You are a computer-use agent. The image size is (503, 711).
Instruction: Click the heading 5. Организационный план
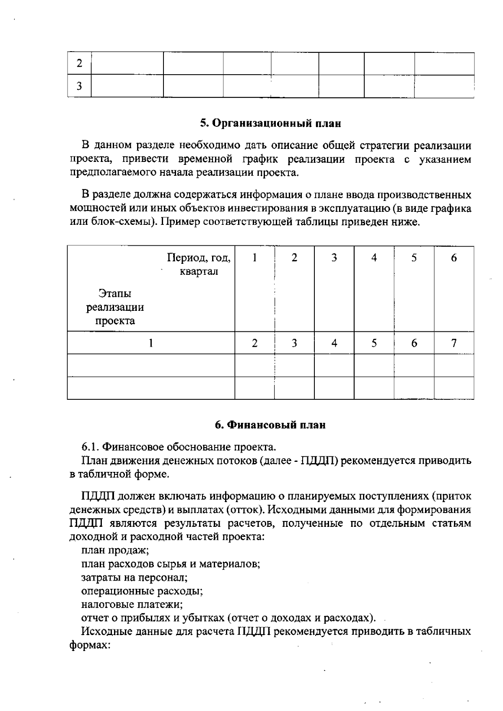pyautogui.click(x=270, y=123)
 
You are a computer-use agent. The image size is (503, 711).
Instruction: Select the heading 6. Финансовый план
pyautogui.click(x=270, y=425)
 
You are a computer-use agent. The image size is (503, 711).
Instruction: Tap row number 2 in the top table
pyautogui.click(x=79, y=64)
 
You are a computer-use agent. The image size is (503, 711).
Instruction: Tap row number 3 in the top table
pyautogui.click(x=79, y=86)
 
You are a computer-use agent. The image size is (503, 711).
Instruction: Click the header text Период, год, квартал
pyautogui.click(x=199, y=264)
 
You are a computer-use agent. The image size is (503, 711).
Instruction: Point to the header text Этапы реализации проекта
pyautogui.click(x=115, y=307)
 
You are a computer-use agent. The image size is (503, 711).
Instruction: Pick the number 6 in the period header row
pyautogui.click(x=454, y=258)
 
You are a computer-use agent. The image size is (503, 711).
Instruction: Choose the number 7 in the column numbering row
pyautogui.click(x=454, y=343)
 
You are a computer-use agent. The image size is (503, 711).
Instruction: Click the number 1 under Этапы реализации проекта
pyautogui.click(x=150, y=343)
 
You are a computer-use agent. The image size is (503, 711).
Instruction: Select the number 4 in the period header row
pyautogui.click(x=374, y=258)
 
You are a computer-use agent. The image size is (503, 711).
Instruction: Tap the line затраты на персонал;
pyautogui.click(x=134, y=578)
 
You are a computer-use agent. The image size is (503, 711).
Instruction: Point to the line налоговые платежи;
pyautogui.click(x=132, y=604)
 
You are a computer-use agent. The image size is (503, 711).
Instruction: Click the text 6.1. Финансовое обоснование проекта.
pyautogui.click(x=179, y=446)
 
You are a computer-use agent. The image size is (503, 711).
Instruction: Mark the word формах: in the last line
pyautogui.click(x=90, y=645)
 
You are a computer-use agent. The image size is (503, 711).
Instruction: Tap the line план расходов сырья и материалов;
pyautogui.click(x=171, y=564)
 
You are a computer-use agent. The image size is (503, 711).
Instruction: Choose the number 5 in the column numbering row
pyautogui.click(x=374, y=343)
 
